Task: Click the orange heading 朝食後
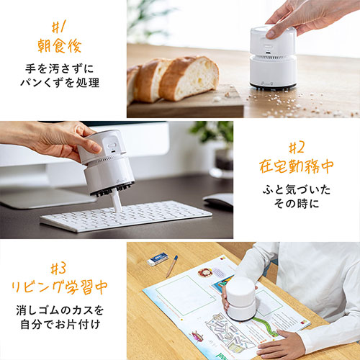coord(60,46)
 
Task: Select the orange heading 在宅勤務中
coord(297,166)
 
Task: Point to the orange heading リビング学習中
coord(60,287)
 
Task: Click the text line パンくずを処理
coord(60,83)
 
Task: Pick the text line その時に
coord(297,204)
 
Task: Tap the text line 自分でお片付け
coord(60,325)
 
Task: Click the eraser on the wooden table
coord(158,259)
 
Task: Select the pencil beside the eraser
coord(172,266)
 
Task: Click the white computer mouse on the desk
coord(218,199)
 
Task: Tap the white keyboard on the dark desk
coord(126,216)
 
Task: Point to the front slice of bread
coord(189,78)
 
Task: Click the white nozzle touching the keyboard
coord(117,201)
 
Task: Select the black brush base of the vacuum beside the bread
coord(273,86)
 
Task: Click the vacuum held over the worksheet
coord(241,298)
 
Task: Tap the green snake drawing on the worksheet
coord(266,325)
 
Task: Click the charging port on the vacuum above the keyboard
coord(113,152)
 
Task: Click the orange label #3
coord(58,268)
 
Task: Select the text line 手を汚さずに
coord(60,69)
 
